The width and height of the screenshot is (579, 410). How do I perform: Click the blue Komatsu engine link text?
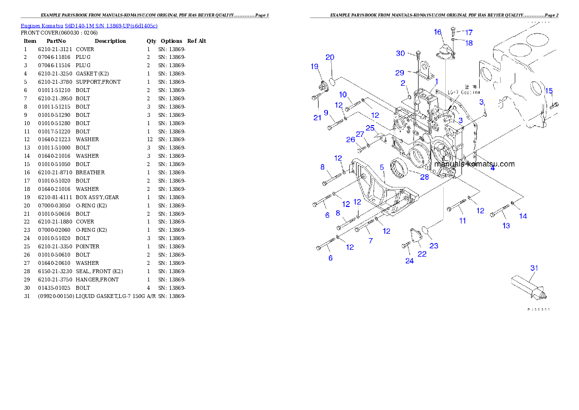tap(89, 25)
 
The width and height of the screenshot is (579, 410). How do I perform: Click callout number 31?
tap(534, 268)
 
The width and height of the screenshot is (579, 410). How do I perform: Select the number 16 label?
tap(438, 32)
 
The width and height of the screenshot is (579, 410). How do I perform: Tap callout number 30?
tap(400, 53)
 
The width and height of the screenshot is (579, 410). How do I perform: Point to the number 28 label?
tap(425, 177)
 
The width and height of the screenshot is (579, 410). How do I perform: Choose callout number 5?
tap(382, 167)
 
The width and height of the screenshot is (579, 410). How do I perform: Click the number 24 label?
tap(409, 261)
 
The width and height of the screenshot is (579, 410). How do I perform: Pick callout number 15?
tap(549, 91)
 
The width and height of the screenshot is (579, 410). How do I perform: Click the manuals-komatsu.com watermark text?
tap(474, 164)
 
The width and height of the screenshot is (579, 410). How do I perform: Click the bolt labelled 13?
tap(499, 212)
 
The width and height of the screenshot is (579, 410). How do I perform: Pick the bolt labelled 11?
tap(457, 206)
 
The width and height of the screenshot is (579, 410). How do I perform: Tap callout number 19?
tap(315, 66)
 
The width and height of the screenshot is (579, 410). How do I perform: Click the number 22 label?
tap(422, 254)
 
